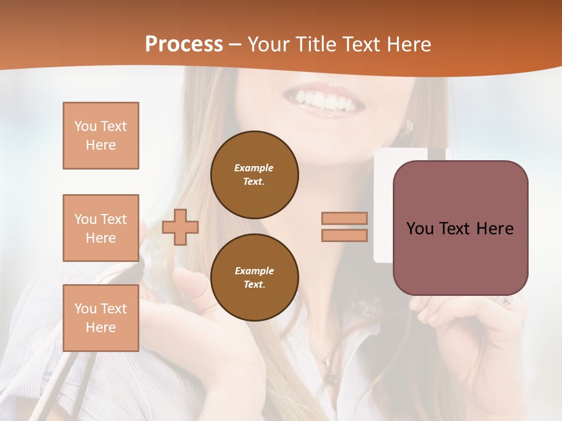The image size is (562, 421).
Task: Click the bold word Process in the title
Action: [184, 44]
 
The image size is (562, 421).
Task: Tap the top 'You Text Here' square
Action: [101, 136]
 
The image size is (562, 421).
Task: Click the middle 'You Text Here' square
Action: [101, 228]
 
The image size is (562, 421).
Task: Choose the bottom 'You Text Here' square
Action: [101, 318]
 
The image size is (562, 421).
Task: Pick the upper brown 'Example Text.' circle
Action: [254, 174]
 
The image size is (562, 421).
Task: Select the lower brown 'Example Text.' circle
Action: [254, 277]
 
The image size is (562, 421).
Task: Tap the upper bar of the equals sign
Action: [345, 218]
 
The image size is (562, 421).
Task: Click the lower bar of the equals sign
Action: [345, 235]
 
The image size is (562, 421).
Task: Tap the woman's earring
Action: [409, 126]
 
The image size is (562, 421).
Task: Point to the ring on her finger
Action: [506, 301]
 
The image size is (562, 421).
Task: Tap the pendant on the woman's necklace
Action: [332, 378]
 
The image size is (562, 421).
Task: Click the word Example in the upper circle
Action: [254, 168]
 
